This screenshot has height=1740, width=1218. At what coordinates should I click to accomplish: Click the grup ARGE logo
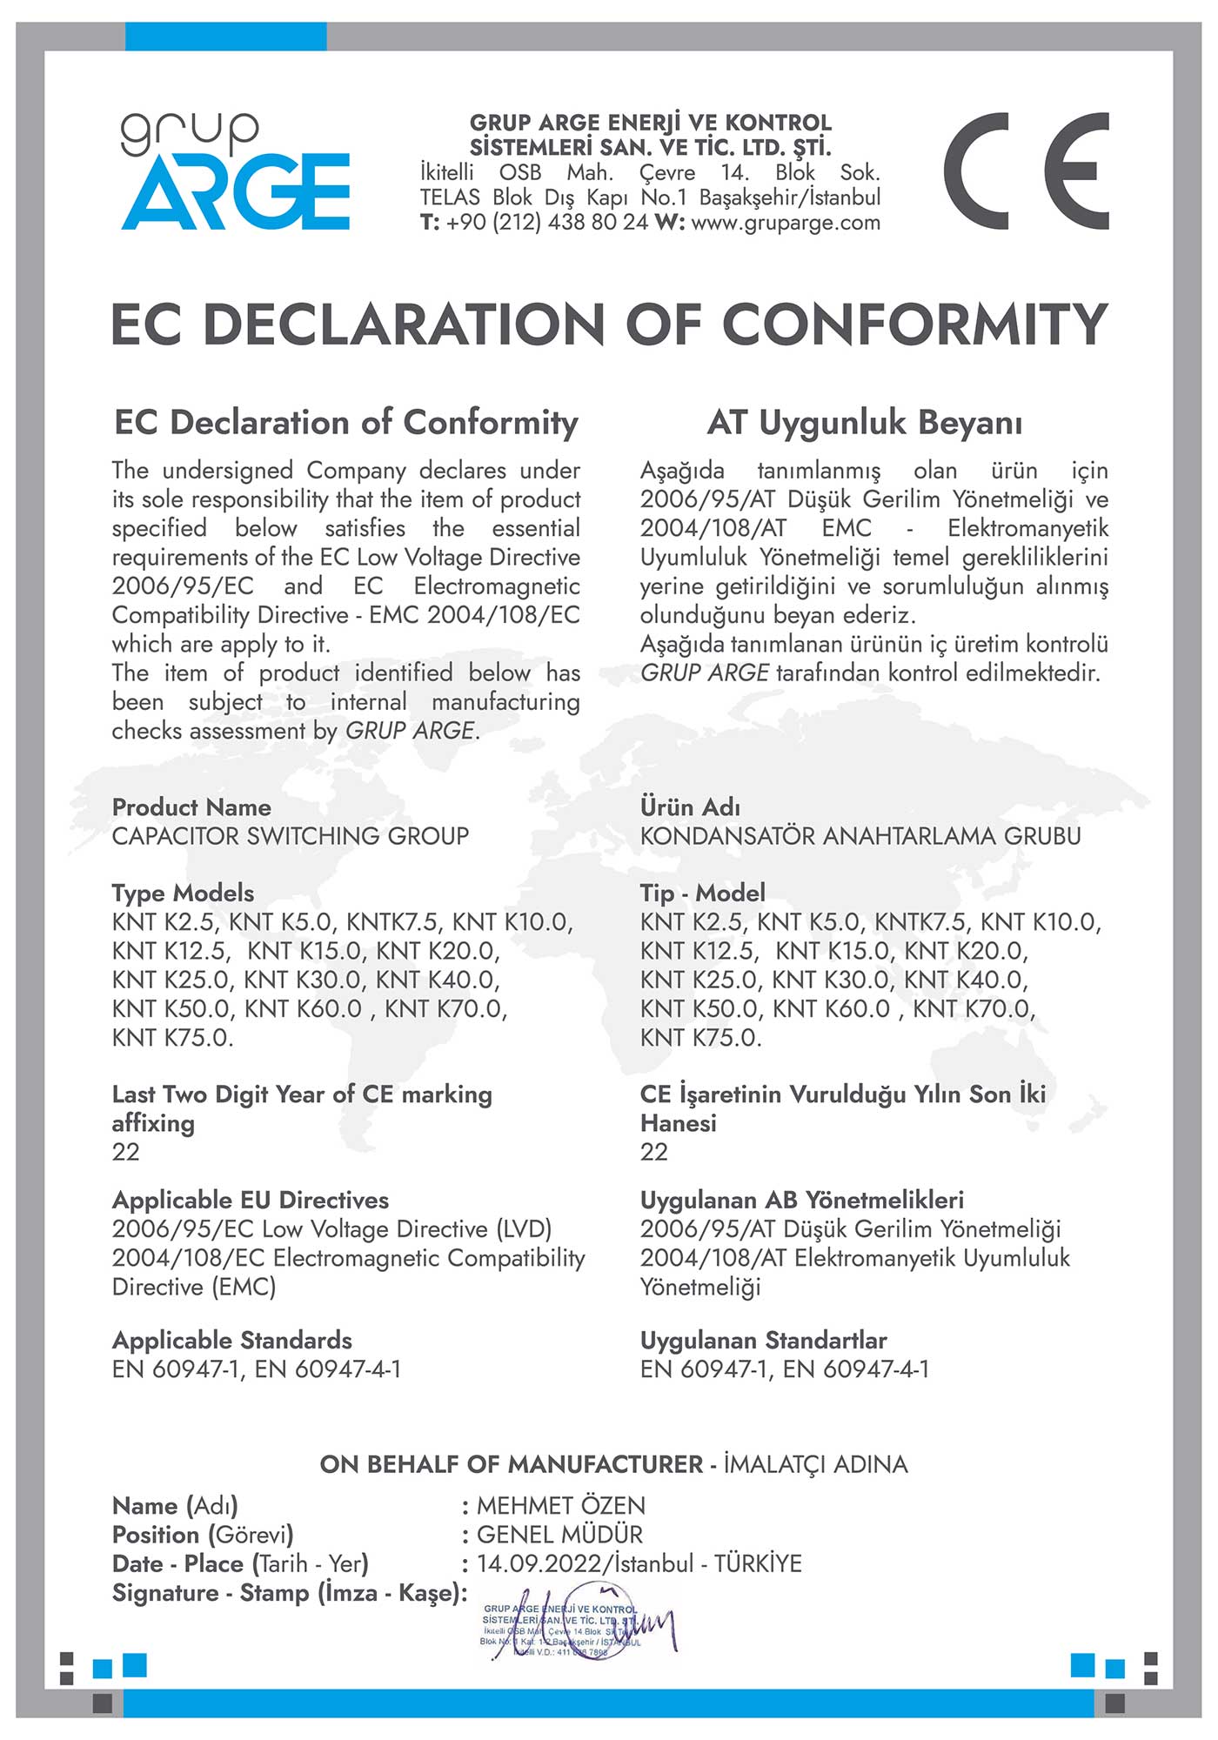[x=235, y=171]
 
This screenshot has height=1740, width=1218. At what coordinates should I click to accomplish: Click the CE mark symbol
[x=1026, y=171]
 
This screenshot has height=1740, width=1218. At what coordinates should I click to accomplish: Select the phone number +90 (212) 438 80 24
[x=547, y=223]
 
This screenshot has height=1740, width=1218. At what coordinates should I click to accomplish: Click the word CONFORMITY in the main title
[x=914, y=325]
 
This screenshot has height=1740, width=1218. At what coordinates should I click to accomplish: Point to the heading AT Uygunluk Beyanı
[x=865, y=423]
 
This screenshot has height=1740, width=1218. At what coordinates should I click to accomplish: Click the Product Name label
[x=191, y=807]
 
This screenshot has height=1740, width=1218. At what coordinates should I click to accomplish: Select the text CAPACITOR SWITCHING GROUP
[x=291, y=836]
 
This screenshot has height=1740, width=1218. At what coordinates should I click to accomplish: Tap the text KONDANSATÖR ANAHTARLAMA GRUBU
[x=860, y=836]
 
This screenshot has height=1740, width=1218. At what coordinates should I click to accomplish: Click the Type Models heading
[x=183, y=893]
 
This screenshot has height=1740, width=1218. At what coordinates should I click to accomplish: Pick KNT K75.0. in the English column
[x=172, y=1038]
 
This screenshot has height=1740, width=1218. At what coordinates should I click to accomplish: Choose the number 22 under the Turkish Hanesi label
[x=654, y=1153]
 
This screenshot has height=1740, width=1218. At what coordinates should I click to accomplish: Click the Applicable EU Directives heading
[x=251, y=1201]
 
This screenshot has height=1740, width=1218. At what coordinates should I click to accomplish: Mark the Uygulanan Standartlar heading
[x=764, y=1341]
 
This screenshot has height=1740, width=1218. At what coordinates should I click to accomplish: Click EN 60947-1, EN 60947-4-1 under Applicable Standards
[x=257, y=1369]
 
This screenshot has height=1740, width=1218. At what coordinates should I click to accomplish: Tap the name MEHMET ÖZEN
[x=561, y=1506]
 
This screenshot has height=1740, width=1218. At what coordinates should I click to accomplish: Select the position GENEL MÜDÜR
[x=559, y=1535]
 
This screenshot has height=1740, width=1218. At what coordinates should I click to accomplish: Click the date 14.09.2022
[x=539, y=1564]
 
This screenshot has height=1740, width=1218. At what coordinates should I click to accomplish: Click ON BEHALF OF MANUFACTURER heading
[x=512, y=1465]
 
